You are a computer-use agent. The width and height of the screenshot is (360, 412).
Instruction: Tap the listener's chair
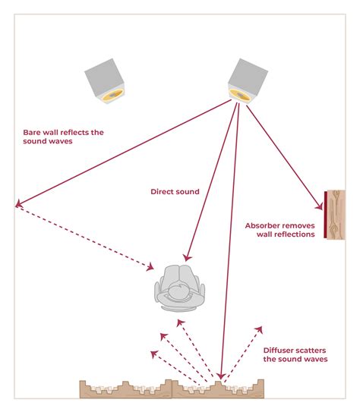click(179, 288)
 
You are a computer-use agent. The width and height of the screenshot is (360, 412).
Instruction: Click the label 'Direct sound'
click(175, 192)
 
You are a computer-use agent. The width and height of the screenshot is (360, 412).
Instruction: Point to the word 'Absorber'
click(264, 225)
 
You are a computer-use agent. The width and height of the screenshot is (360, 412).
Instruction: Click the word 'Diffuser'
click(279, 350)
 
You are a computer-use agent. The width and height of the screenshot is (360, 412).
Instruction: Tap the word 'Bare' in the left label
click(33, 132)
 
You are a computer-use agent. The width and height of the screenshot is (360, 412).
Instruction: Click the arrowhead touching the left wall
click(17, 203)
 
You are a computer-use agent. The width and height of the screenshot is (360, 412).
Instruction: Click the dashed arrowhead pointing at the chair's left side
click(153, 267)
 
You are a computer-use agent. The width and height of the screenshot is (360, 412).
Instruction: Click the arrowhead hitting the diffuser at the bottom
click(219, 375)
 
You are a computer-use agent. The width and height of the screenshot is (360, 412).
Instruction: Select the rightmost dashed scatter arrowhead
click(261, 329)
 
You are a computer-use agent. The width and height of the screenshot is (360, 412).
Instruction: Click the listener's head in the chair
click(179, 290)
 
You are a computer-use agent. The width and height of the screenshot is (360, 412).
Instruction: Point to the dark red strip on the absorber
click(326, 214)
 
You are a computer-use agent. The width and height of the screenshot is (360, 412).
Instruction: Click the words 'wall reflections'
click(279, 235)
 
